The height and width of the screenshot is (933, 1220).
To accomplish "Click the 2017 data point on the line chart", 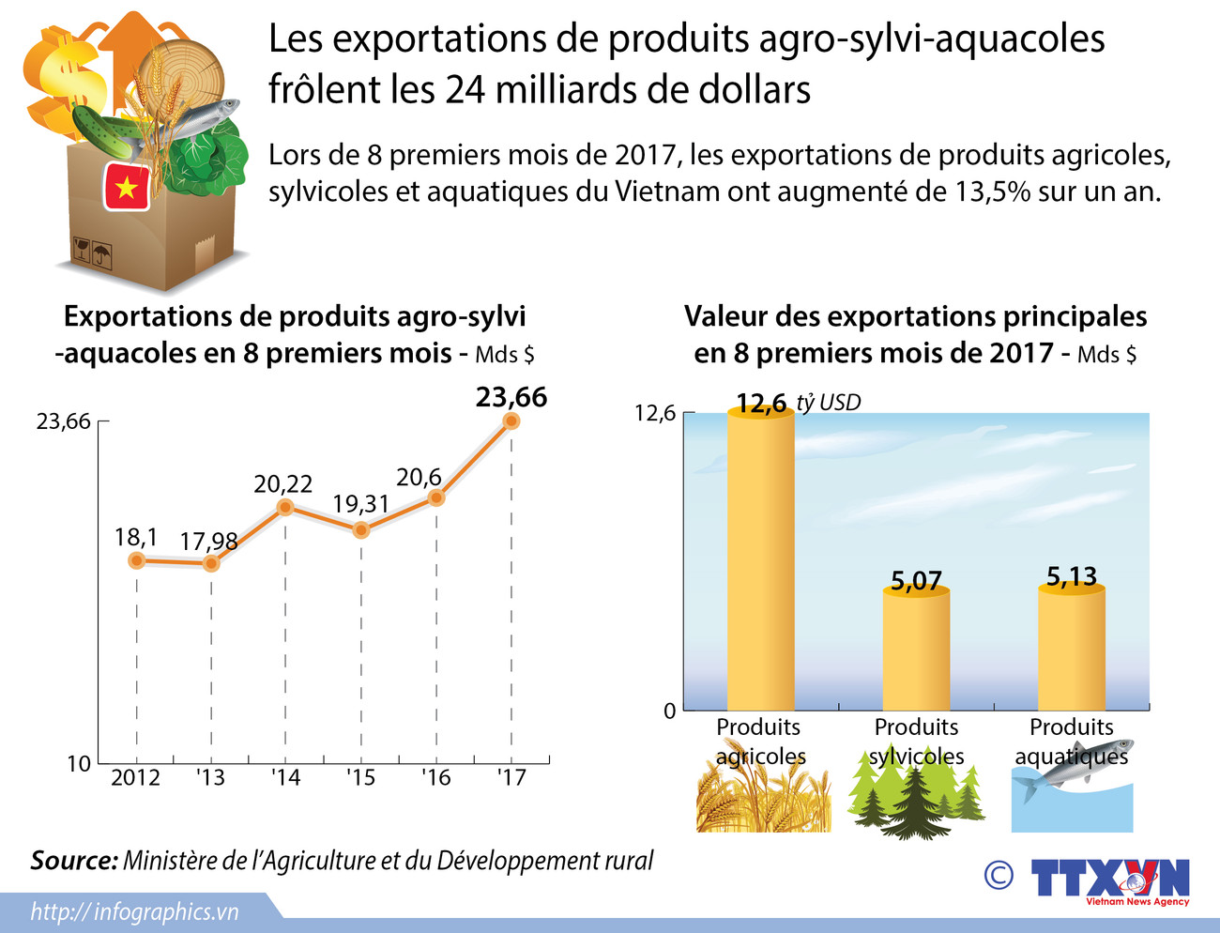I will [511, 421].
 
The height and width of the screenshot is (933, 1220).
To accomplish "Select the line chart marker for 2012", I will [137, 560].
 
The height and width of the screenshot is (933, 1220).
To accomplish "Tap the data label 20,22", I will [282, 484].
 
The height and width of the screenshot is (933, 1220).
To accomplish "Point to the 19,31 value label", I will [360, 504].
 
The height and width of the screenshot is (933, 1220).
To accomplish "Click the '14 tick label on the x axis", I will [285, 778].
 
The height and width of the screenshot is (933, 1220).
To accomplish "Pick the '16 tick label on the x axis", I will [435, 778].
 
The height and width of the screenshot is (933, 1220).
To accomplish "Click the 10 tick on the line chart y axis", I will [79, 764].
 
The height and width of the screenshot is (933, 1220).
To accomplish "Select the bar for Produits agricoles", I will [761, 563].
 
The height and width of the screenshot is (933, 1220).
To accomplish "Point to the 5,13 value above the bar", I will [1071, 576].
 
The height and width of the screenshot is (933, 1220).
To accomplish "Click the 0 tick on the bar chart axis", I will [669, 711].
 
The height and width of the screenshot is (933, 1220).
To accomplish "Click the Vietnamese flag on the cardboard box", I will [126, 187].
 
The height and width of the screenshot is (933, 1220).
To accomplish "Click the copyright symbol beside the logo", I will [999, 876].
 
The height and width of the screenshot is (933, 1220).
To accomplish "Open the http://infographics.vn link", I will [134, 911].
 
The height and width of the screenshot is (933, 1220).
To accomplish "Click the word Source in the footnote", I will [73, 861].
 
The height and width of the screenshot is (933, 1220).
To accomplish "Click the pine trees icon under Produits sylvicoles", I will [915, 794].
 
